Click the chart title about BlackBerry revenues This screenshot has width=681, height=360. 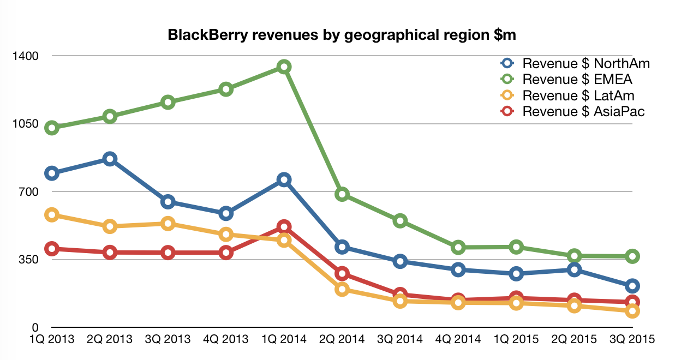pos(342,35)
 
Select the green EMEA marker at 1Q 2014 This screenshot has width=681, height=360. pos(284,67)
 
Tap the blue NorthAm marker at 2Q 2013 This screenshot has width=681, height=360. pos(110,159)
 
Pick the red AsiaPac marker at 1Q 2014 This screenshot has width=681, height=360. pos(284,226)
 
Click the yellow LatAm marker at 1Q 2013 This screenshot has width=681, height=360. pos(52,215)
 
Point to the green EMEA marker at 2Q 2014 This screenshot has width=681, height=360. pos(342,194)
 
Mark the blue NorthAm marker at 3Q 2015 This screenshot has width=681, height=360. pos(632,286)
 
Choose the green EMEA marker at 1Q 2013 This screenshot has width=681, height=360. pos(52,128)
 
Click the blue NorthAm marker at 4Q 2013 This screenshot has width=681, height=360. pos(226,213)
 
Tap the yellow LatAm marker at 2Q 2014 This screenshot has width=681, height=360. pos(342,289)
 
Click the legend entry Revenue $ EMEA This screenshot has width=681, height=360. pos(577,80)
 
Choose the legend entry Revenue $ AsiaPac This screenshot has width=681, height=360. pos(583,112)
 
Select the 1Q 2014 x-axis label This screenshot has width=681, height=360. pos(284,339)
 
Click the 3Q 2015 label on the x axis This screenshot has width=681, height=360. pos(632,339)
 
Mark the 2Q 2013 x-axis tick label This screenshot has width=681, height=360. pos(110,339)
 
